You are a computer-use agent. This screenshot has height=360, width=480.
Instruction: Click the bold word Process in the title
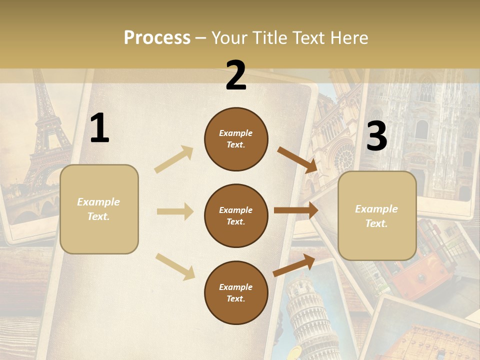(x=157, y=37)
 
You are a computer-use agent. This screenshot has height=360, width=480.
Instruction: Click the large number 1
(x=99, y=128)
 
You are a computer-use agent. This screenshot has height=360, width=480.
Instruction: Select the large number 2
(x=236, y=75)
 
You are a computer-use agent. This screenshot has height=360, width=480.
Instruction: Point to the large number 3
(x=376, y=136)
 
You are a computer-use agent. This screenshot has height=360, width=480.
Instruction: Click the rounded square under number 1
(x=99, y=209)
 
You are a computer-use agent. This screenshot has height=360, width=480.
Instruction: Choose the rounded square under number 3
(x=377, y=215)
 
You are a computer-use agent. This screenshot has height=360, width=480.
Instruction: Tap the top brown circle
(x=236, y=139)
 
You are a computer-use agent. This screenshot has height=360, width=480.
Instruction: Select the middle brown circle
(x=236, y=215)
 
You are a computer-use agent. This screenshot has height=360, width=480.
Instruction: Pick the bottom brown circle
(x=236, y=292)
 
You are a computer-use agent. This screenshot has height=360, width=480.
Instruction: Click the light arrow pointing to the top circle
(x=174, y=159)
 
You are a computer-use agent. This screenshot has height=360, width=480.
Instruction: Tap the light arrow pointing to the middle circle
(x=174, y=211)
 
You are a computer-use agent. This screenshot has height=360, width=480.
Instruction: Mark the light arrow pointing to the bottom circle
(x=175, y=266)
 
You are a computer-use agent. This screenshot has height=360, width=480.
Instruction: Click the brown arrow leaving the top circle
(x=297, y=159)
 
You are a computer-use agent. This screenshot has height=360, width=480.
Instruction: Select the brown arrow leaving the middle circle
(x=296, y=210)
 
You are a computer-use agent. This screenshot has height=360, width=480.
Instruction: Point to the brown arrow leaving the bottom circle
(x=294, y=265)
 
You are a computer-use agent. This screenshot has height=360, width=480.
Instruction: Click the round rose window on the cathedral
(x=344, y=157)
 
